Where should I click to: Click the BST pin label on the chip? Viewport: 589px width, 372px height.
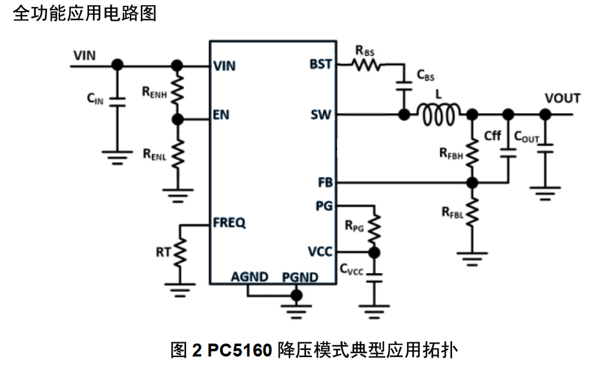[x=321, y=65]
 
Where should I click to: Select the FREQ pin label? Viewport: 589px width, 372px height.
[x=229, y=223]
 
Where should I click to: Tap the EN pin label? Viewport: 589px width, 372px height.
[x=221, y=116]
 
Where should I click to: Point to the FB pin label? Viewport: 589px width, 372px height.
[x=325, y=183]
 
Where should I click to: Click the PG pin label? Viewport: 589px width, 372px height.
[x=324, y=206]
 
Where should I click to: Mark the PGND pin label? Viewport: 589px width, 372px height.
[x=300, y=278]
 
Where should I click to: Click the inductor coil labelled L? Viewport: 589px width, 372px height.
[x=439, y=115]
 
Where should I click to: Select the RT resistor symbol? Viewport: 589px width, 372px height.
[x=180, y=251]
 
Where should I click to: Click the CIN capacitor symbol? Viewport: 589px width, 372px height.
[x=118, y=100]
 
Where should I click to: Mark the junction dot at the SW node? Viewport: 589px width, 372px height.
[x=404, y=116]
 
